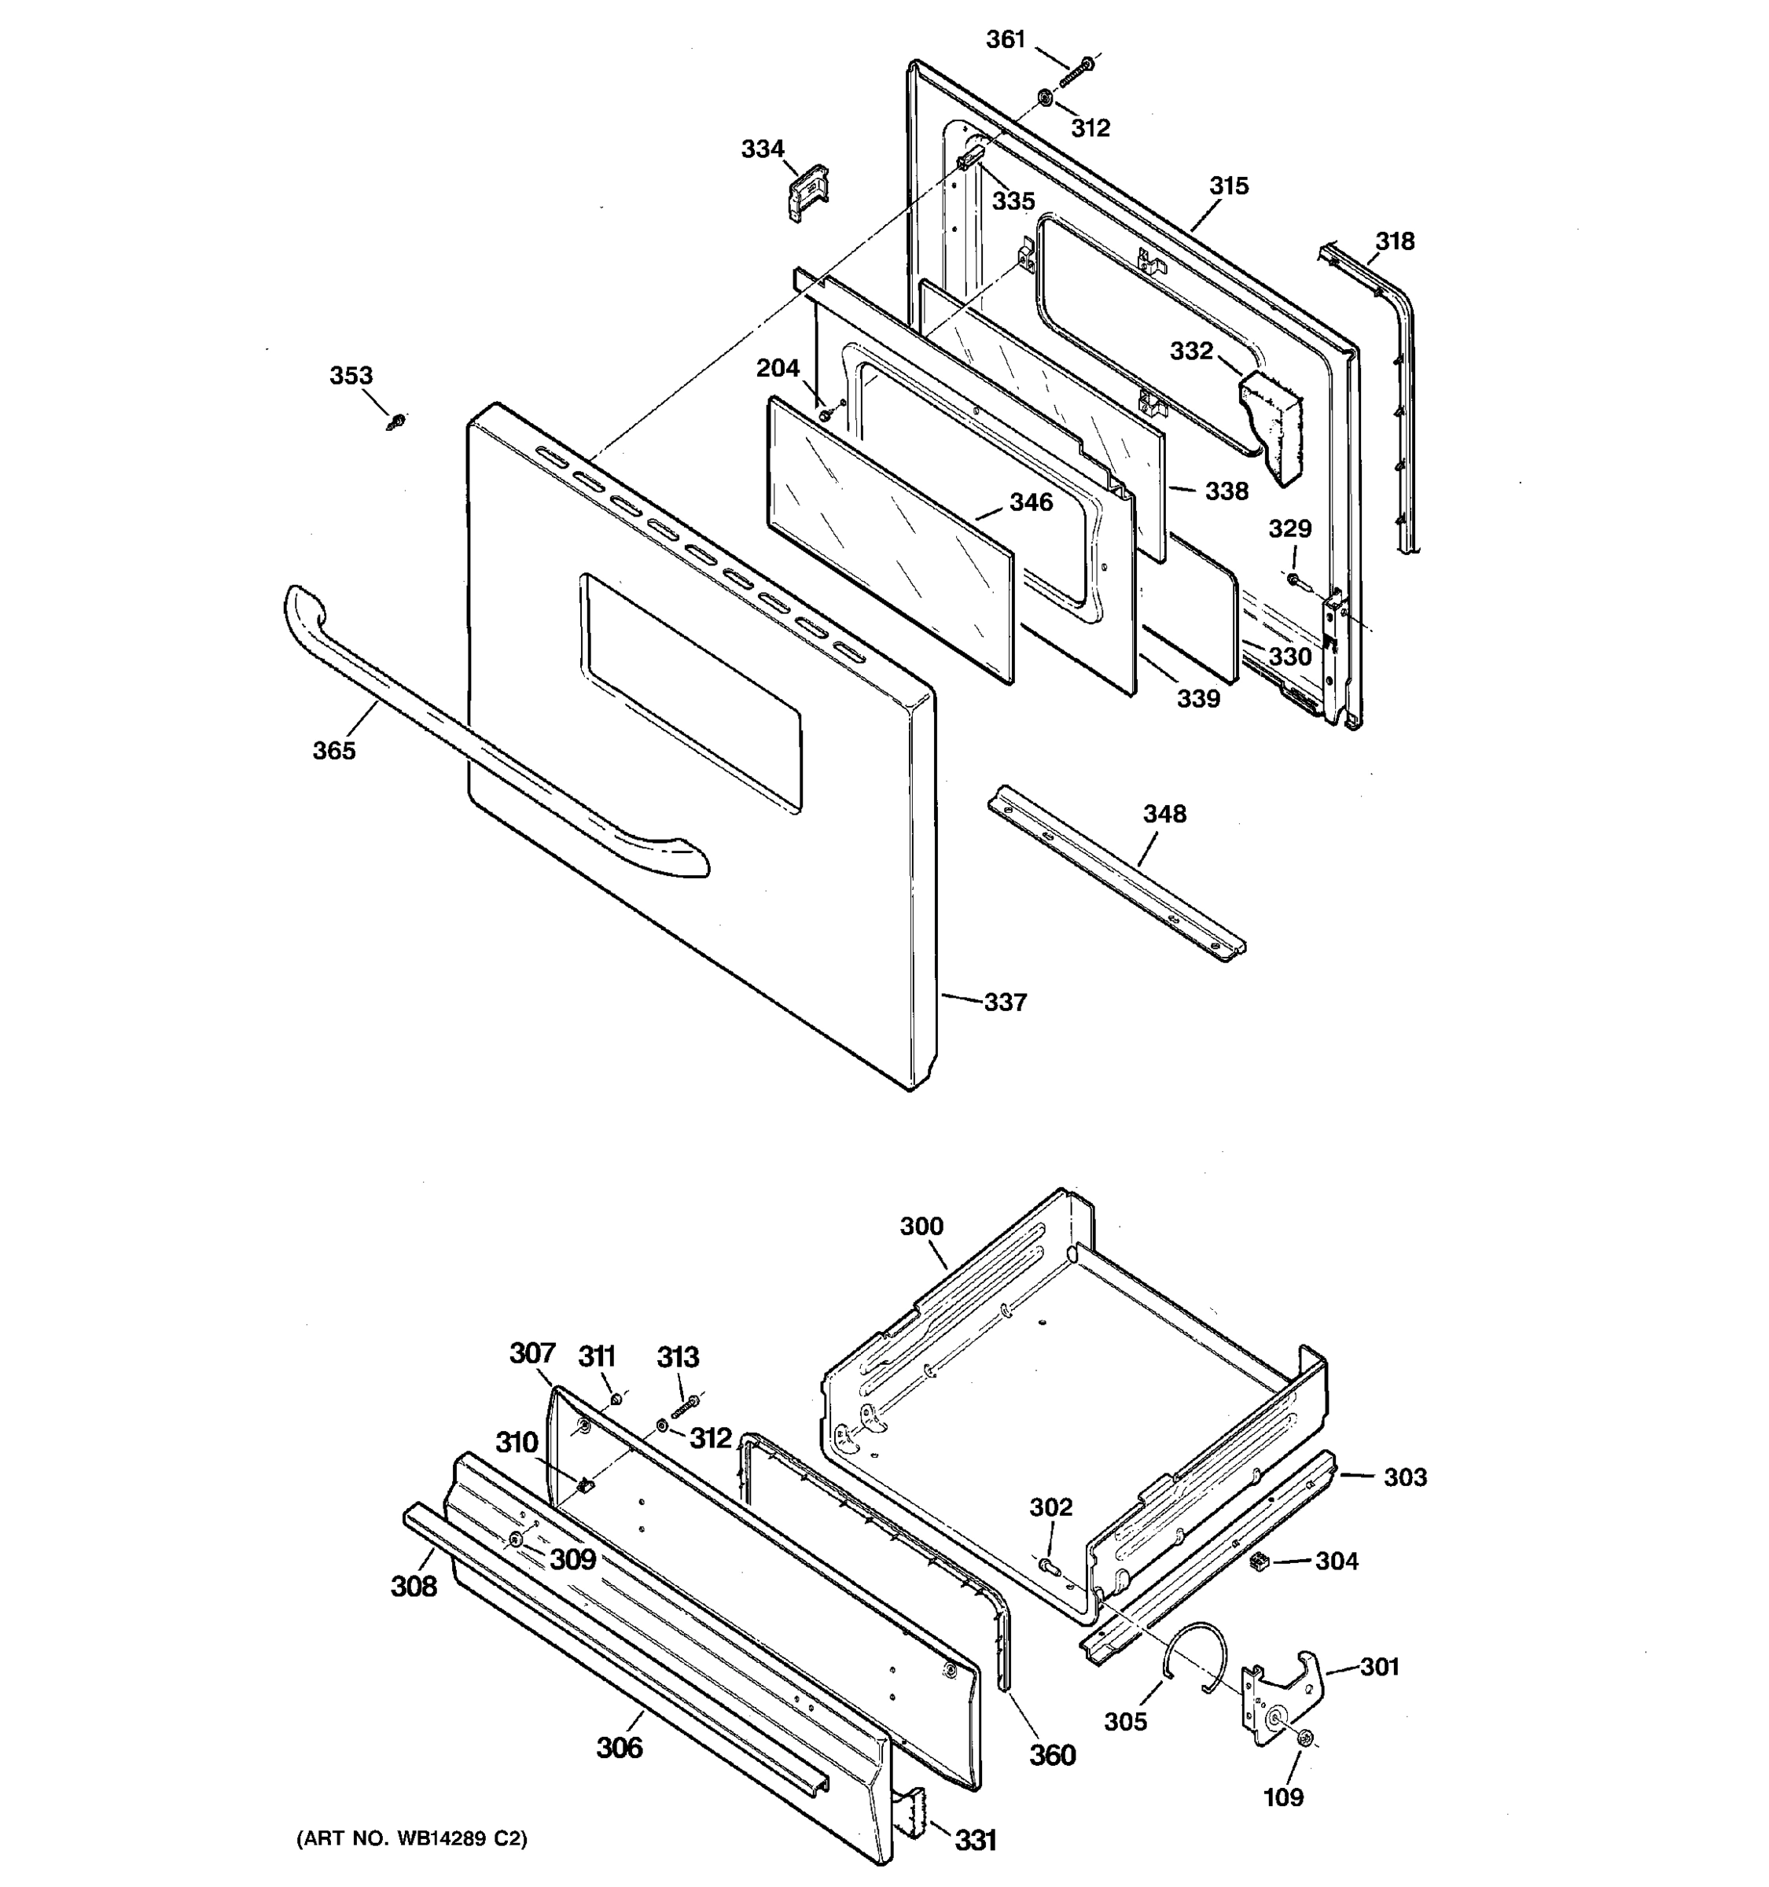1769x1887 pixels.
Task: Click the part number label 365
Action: coord(333,750)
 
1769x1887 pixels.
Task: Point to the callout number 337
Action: coord(1004,1002)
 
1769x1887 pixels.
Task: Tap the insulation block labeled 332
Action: coord(1271,425)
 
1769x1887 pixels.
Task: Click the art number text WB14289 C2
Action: coord(411,1838)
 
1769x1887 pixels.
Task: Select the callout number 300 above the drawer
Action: coord(921,1227)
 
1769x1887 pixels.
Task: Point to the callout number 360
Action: coord(1053,1755)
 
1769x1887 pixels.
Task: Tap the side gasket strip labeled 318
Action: coord(1403,399)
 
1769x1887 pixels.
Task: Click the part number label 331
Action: coord(975,1841)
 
